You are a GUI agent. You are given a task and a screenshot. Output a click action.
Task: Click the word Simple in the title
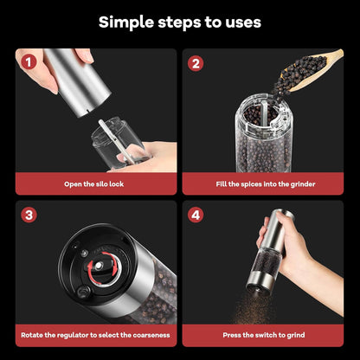[x=128, y=22]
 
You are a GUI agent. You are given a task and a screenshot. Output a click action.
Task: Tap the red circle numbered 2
[x=196, y=63]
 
